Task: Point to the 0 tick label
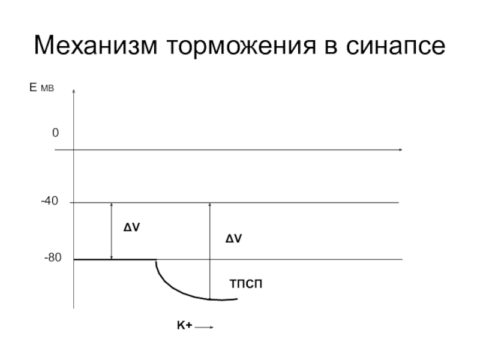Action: point(55,133)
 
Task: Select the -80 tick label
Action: point(52,258)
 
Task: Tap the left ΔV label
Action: point(132,228)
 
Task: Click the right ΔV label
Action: point(233,239)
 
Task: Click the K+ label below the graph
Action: point(184,325)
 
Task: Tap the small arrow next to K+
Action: point(204,327)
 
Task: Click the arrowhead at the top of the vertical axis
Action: point(73,92)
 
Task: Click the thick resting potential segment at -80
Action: point(114,259)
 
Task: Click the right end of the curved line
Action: point(236,298)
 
